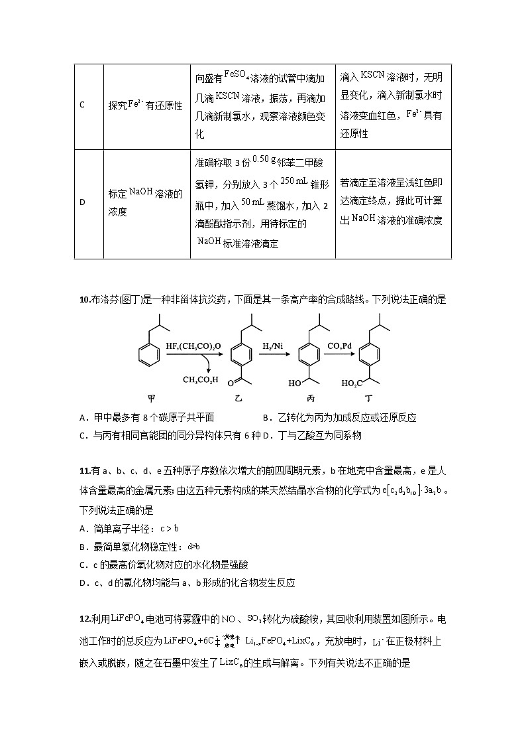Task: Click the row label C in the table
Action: (x=81, y=105)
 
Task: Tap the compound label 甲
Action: (x=152, y=399)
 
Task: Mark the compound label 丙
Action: (x=310, y=399)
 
